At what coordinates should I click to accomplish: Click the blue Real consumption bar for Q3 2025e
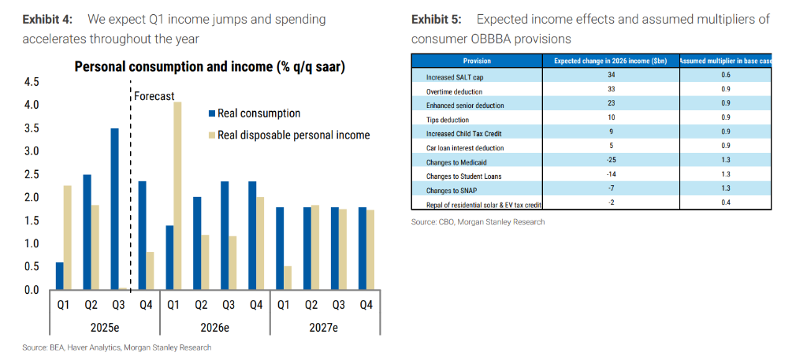[115, 209]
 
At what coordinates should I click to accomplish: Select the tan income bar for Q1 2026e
[178, 195]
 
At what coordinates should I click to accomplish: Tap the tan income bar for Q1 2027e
[288, 277]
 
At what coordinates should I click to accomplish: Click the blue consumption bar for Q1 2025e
[60, 276]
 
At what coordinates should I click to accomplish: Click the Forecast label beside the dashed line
[154, 96]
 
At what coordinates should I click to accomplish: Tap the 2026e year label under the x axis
[214, 328]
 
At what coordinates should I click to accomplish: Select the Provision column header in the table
[478, 61]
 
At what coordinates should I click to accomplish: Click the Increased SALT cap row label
[455, 77]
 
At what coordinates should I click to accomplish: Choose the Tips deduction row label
[447, 120]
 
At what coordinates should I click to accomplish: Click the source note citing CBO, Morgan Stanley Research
[478, 222]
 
